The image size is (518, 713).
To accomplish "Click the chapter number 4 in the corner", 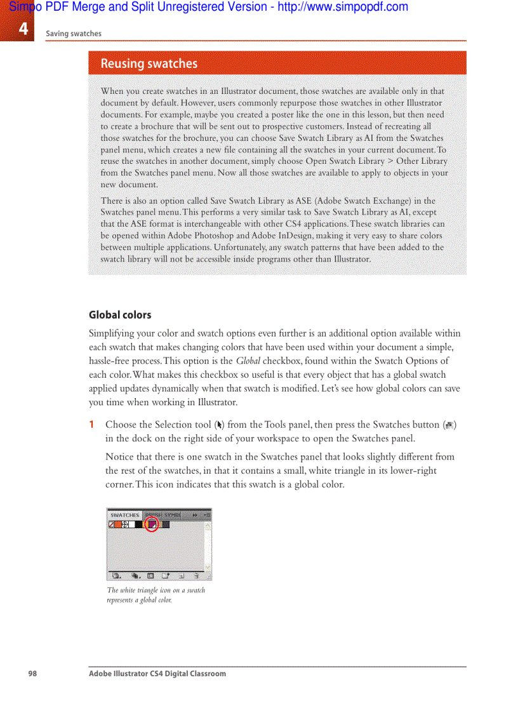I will pyautogui.click(x=23, y=29).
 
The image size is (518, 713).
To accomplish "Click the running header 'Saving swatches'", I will pyautogui.click(x=73, y=34).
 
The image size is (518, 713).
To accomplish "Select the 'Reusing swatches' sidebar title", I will pyautogui.click(x=149, y=63).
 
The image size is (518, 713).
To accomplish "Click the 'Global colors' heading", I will pyautogui.click(x=120, y=315).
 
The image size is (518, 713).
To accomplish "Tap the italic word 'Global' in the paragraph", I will pyautogui.click(x=248, y=361).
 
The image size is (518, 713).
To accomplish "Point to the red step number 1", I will pyautogui.click(x=92, y=424).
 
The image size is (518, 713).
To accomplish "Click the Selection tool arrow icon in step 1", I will pyautogui.click(x=220, y=425).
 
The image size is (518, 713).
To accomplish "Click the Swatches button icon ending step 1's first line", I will pyautogui.click(x=451, y=425).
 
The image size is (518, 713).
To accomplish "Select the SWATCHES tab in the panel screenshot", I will pyautogui.click(x=125, y=515).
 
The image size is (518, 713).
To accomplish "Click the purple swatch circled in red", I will pyautogui.click(x=152, y=524).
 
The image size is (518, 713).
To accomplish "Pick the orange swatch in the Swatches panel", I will pyautogui.click(x=118, y=524).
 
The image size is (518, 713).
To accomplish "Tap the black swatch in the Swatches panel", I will pyautogui.click(x=138, y=524).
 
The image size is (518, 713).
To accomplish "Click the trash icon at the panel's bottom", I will pyautogui.click(x=197, y=576).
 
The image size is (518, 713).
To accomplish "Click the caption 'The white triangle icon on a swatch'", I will pyautogui.click(x=156, y=590).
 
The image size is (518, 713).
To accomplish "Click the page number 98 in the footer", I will pyautogui.click(x=32, y=674).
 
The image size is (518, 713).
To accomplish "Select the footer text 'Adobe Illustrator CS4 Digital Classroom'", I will pyautogui.click(x=157, y=674).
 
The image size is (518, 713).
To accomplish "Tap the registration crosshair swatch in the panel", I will pyautogui.click(x=125, y=524).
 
